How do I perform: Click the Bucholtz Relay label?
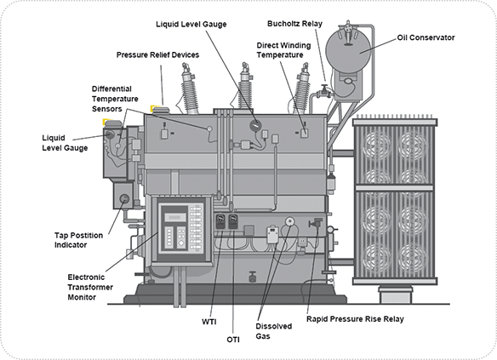294,24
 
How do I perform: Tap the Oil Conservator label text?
426,37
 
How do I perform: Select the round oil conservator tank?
348,51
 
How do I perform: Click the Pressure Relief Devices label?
157,54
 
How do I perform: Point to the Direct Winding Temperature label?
283,50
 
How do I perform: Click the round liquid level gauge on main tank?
254,125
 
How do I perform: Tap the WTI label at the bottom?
209,322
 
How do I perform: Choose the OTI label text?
233,340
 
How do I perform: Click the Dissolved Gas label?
273,331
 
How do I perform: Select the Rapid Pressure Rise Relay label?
355,319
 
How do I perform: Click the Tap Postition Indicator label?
78,240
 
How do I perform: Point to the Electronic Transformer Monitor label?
90,287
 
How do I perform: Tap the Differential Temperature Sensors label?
115,99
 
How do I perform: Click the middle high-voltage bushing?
245,86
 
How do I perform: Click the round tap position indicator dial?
124,199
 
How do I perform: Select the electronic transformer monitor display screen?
175,217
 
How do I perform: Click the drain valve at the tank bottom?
252,277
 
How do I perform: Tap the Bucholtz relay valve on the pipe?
324,91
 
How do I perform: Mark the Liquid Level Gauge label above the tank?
191,25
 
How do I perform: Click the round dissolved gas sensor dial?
289,221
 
